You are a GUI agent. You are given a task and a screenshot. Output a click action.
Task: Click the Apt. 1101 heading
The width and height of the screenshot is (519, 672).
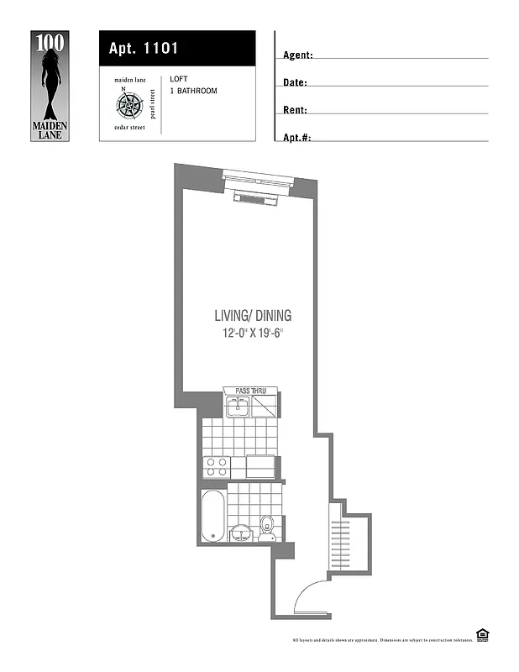(x=143, y=49)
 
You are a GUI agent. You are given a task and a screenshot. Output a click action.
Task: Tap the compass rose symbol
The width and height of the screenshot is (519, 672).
(x=130, y=104)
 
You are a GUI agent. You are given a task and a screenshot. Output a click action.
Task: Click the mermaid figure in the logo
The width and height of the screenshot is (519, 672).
(x=51, y=80)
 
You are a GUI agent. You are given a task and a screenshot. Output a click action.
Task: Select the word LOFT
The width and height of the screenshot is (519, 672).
(x=179, y=78)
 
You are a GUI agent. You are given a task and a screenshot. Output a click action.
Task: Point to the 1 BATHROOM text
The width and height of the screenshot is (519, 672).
(x=193, y=91)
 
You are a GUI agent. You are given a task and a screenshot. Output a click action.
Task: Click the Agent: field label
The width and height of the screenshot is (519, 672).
(x=298, y=55)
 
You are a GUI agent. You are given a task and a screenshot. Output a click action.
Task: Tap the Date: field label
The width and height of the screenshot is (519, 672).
(x=295, y=83)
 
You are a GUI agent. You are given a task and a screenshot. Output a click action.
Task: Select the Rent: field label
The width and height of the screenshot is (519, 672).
(x=295, y=110)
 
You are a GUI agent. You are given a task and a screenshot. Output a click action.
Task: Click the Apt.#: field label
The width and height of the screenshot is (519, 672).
(x=297, y=137)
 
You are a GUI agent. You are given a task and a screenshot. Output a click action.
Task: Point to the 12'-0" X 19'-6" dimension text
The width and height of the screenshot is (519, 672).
(x=252, y=333)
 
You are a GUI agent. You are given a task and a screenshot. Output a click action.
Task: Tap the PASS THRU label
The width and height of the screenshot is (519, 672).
(x=251, y=391)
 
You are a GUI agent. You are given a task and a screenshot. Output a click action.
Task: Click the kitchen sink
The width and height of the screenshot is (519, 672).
(x=237, y=407)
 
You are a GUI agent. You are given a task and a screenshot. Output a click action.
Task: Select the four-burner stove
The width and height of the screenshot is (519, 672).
(x=217, y=466)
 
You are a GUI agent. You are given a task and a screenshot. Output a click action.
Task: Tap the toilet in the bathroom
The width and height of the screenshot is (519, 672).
(x=267, y=525)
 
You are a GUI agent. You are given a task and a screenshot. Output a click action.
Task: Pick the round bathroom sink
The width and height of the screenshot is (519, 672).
(x=242, y=533)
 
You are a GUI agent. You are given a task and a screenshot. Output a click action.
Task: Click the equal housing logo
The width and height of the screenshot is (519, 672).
(x=483, y=635)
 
